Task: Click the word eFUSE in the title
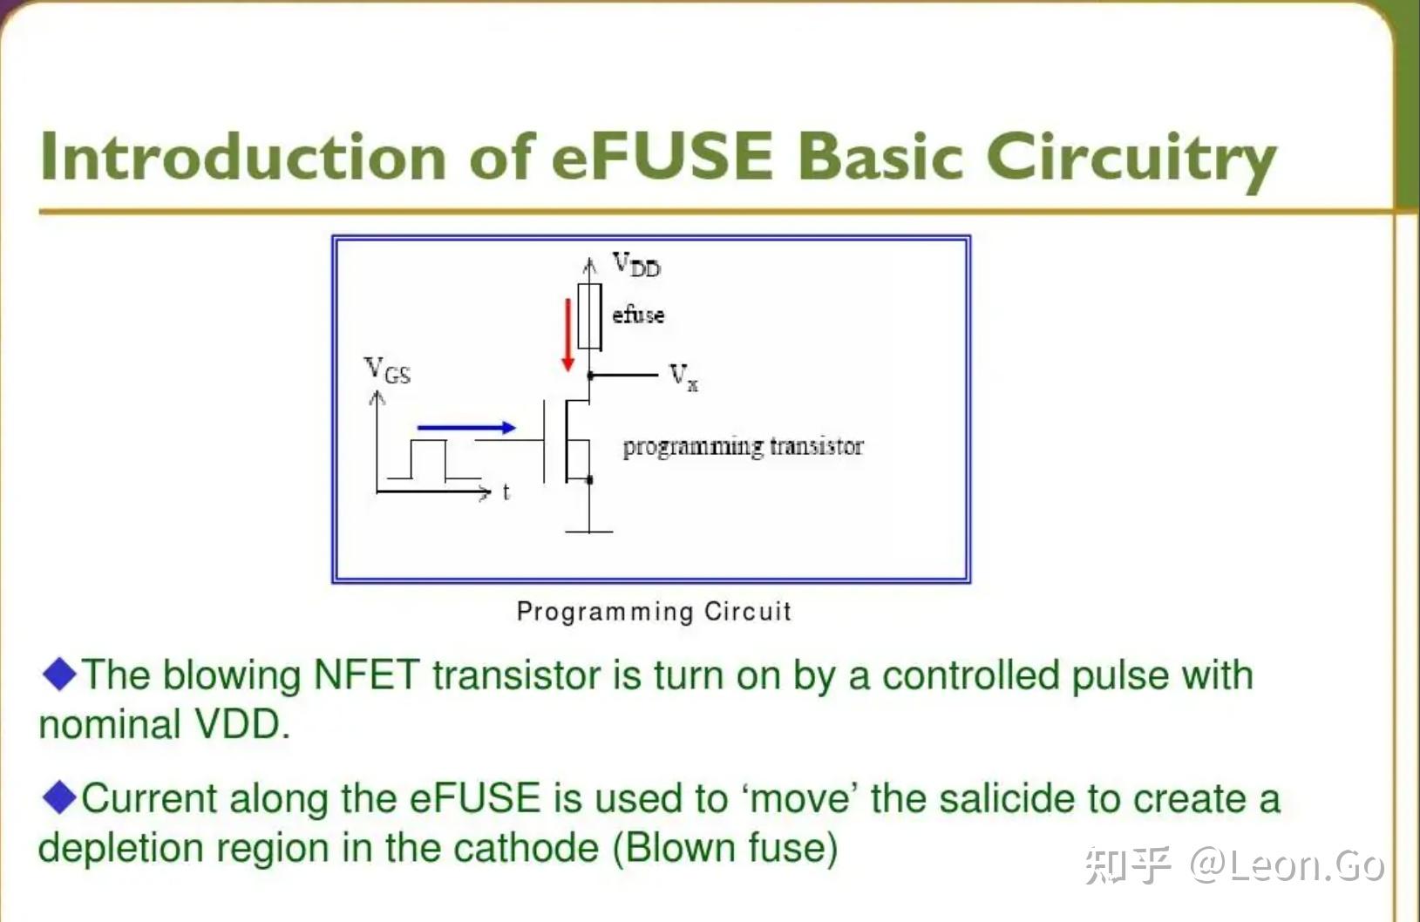662,157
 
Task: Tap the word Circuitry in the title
1131,159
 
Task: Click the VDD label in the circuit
636,264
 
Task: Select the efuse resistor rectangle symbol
590,315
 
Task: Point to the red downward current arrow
568,335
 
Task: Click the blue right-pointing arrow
466,427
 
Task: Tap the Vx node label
683,376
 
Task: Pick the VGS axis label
387,370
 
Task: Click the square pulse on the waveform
428,458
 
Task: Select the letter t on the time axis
506,492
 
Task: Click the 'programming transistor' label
743,446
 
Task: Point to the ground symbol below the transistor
589,530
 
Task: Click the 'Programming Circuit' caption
654,611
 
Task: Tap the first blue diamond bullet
59,675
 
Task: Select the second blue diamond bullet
59,797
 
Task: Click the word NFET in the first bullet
366,675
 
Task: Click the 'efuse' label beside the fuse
638,315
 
